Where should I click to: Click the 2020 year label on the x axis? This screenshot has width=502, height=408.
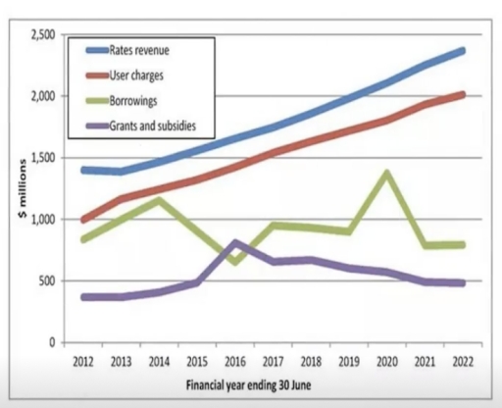pos(387,361)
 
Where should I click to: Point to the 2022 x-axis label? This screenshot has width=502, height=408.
pos(462,361)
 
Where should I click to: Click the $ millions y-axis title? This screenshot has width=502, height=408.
pos(22,188)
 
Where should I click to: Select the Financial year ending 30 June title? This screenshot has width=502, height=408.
pos(260,383)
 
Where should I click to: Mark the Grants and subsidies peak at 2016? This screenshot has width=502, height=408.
pos(236,242)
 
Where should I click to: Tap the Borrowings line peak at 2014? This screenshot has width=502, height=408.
pos(160,200)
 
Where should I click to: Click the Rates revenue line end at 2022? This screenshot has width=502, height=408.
pos(462,50)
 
